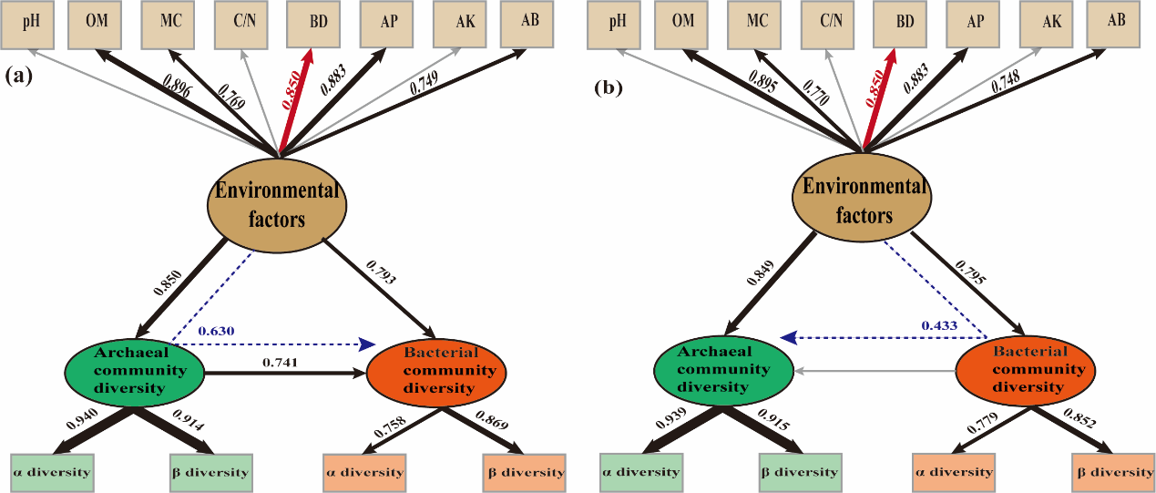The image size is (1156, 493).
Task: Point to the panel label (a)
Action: (19, 77)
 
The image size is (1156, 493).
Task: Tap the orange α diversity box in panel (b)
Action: (953, 472)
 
